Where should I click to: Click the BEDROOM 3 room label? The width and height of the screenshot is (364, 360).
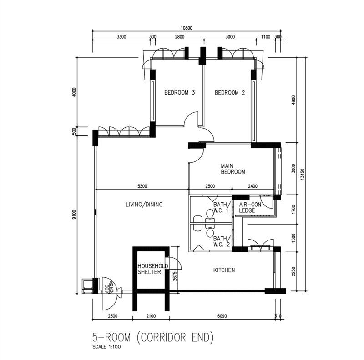179,93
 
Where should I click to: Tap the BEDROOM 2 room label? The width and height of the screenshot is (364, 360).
230,93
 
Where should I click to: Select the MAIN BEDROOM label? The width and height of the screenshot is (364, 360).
233,169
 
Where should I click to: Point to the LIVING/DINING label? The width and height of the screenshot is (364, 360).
144,205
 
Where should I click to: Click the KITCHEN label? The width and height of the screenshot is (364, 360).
224,270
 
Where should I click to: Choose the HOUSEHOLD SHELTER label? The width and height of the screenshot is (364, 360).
153,269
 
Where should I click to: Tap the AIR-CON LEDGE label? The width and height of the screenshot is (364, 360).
250,207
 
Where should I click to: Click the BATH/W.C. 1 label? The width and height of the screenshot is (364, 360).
222,207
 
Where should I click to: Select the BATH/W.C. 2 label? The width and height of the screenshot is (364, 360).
222,241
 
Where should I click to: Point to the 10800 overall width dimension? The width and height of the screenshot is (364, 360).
187,28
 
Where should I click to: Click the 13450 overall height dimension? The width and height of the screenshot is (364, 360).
302,174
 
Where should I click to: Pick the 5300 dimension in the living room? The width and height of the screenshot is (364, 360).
142,186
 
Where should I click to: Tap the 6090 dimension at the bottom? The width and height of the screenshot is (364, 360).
222,316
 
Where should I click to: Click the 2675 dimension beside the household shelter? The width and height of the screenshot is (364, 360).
175,276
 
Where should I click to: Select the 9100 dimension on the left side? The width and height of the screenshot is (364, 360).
74,215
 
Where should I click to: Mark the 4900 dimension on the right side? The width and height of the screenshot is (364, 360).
293,100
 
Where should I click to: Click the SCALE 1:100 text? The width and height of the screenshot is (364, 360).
106,347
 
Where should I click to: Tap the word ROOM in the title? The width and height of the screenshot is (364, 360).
118,337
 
